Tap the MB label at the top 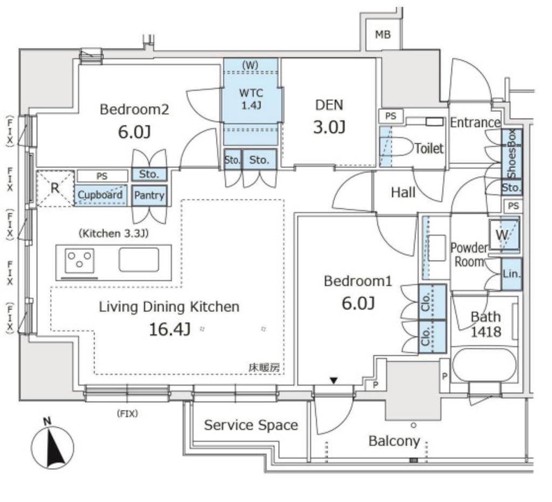click(383, 34)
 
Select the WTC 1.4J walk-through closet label click(251, 99)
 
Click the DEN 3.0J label click(329, 116)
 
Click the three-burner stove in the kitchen click(80, 261)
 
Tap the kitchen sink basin click(139, 260)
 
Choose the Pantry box click(149, 195)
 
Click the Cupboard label click(100, 195)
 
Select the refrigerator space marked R click(56, 188)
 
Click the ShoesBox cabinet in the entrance click(512, 154)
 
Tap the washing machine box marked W click(504, 235)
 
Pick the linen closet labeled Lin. click(512, 274)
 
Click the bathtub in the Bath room click(485, 365)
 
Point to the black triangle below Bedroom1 click(334, 380)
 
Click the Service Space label click(251, 426)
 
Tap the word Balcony click(394, 441)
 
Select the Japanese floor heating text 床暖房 click(264, 368)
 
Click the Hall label click(403, 192)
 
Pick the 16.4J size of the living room click(170, 330)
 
